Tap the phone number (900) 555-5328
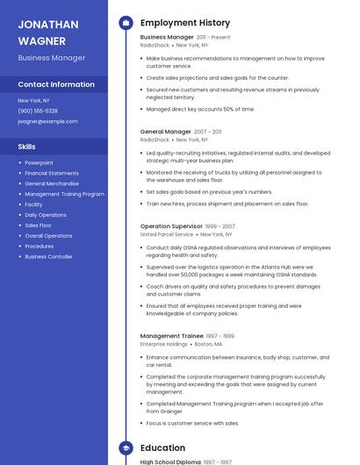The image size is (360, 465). pos(38,111)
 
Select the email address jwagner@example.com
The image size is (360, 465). pos(41,121)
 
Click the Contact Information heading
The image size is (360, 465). pos(56,84)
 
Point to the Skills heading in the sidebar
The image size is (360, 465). pos(26,147)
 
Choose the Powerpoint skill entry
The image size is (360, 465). pos(39,162)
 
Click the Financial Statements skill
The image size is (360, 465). pos(51,173)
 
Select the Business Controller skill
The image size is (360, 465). pos(48,257)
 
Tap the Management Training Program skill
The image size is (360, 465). pos(64,194)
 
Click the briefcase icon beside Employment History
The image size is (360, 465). pos(126,22)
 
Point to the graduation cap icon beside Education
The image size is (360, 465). pos(126,447)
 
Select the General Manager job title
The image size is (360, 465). pos(165,132)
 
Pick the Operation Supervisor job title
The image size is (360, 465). pos(171,226)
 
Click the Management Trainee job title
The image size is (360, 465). pos(171,336)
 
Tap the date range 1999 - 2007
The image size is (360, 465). pos(221,226)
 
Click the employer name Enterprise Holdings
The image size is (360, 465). pos(162,345)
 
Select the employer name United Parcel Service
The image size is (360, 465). pos(166,235)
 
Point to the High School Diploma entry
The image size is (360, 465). pos(170,461)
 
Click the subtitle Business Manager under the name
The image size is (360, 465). pos(51,58)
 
